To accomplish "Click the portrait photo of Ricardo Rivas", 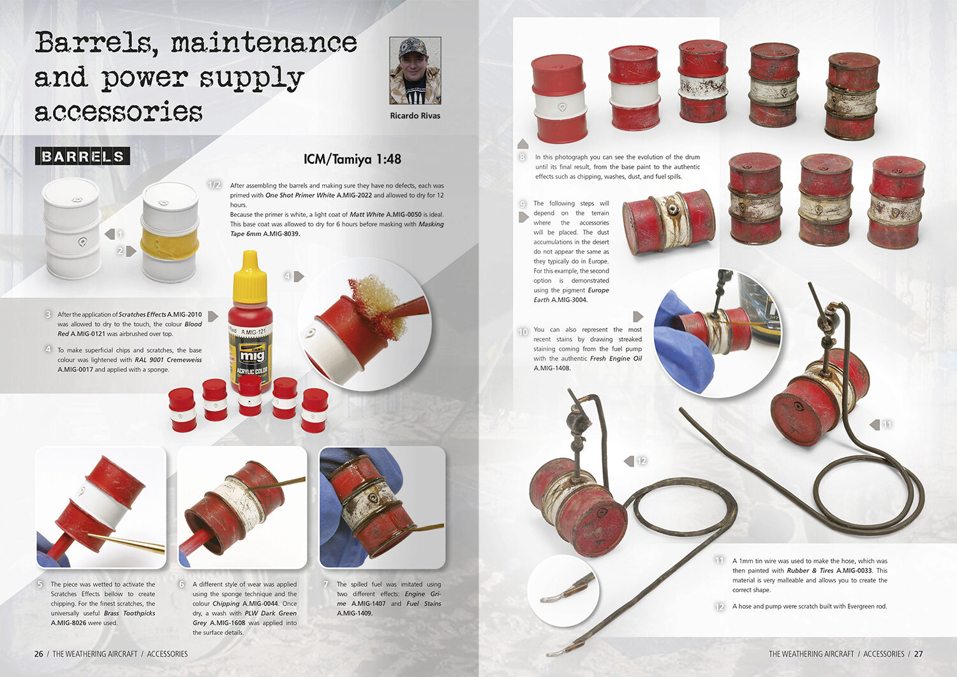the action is point(415,71).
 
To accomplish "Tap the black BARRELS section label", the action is point(82,156).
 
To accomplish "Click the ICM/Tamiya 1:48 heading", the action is point(352,159).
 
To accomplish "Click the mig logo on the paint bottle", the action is point(251,355).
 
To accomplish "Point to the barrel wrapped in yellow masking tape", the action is point(170,230).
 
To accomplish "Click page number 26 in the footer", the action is point(39,654).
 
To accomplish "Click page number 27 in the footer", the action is point(919,654).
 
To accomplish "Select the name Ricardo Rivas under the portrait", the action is point(415,115).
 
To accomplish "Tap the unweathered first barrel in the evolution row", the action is point(558,98).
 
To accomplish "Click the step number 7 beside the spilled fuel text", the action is point(326,584).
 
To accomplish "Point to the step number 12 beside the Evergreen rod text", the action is point(720,606).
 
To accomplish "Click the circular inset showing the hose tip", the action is point(563,591).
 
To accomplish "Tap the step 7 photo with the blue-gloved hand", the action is point(382,507).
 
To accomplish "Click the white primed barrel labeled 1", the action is point(72,228).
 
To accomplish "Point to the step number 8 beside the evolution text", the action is point(522,157).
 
